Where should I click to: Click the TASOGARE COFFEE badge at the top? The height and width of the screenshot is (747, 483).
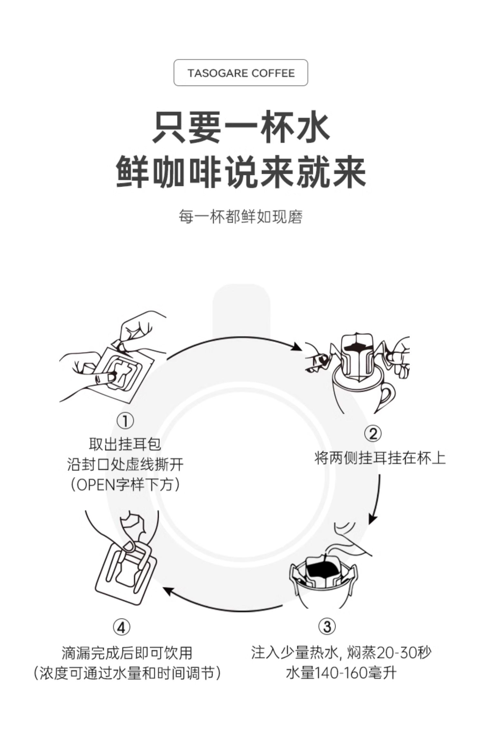[241, 73]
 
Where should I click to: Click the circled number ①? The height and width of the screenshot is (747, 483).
[125, 421]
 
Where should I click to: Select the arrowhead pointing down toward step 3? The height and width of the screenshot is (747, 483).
[373, 518]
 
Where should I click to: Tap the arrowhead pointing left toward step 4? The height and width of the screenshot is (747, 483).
[167, 591]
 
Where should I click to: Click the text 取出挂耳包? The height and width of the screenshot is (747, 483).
[125, 445]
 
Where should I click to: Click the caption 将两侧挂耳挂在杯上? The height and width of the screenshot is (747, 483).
[380, 458]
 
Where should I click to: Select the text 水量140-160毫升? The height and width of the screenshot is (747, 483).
[341, 673]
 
